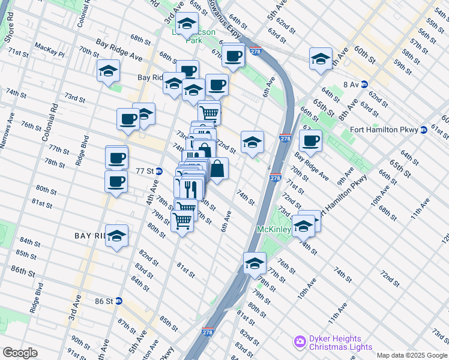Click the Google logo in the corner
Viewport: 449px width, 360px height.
[x=20, y=353]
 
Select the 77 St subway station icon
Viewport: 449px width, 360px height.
[x=158, y=170]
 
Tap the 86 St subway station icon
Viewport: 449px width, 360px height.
[x=119, y=301]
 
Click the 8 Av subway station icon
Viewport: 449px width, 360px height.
[x=364, y=85]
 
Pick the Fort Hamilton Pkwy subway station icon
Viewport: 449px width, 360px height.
[x=423, y=129]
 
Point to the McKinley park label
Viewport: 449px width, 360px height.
[x=274, y=230]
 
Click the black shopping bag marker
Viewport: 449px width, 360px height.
[x=218, y=169]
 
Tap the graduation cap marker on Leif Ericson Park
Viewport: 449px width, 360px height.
[x=188, y=24]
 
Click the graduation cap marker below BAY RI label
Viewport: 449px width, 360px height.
[x=116, y=236]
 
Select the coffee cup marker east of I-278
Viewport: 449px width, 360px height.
[x=310, y=140]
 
